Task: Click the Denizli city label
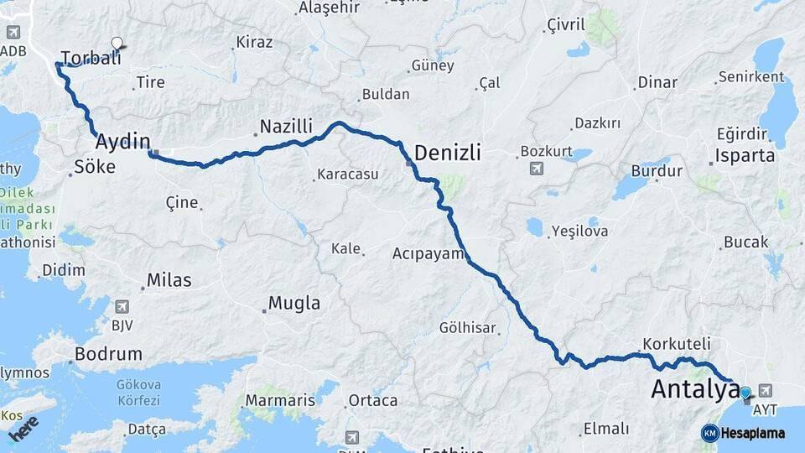[x=448, y=153]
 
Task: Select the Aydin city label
[x=122, y=141]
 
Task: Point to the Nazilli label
[x=286, y=127]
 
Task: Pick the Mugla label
[x=293, y=303]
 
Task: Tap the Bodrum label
[x=108, y=354]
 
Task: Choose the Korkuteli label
[x=677, y=344]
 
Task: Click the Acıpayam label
[x=428, y=253]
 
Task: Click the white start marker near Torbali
[x=117, y=44]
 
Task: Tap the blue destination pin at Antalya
[x=745, y=392]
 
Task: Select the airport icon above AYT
[x=765, y=391]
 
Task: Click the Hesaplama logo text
[x=752, y=433]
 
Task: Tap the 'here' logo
[x=24, y=428]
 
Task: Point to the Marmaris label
[x=281, y=400]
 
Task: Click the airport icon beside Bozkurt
[x=536, y=169]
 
